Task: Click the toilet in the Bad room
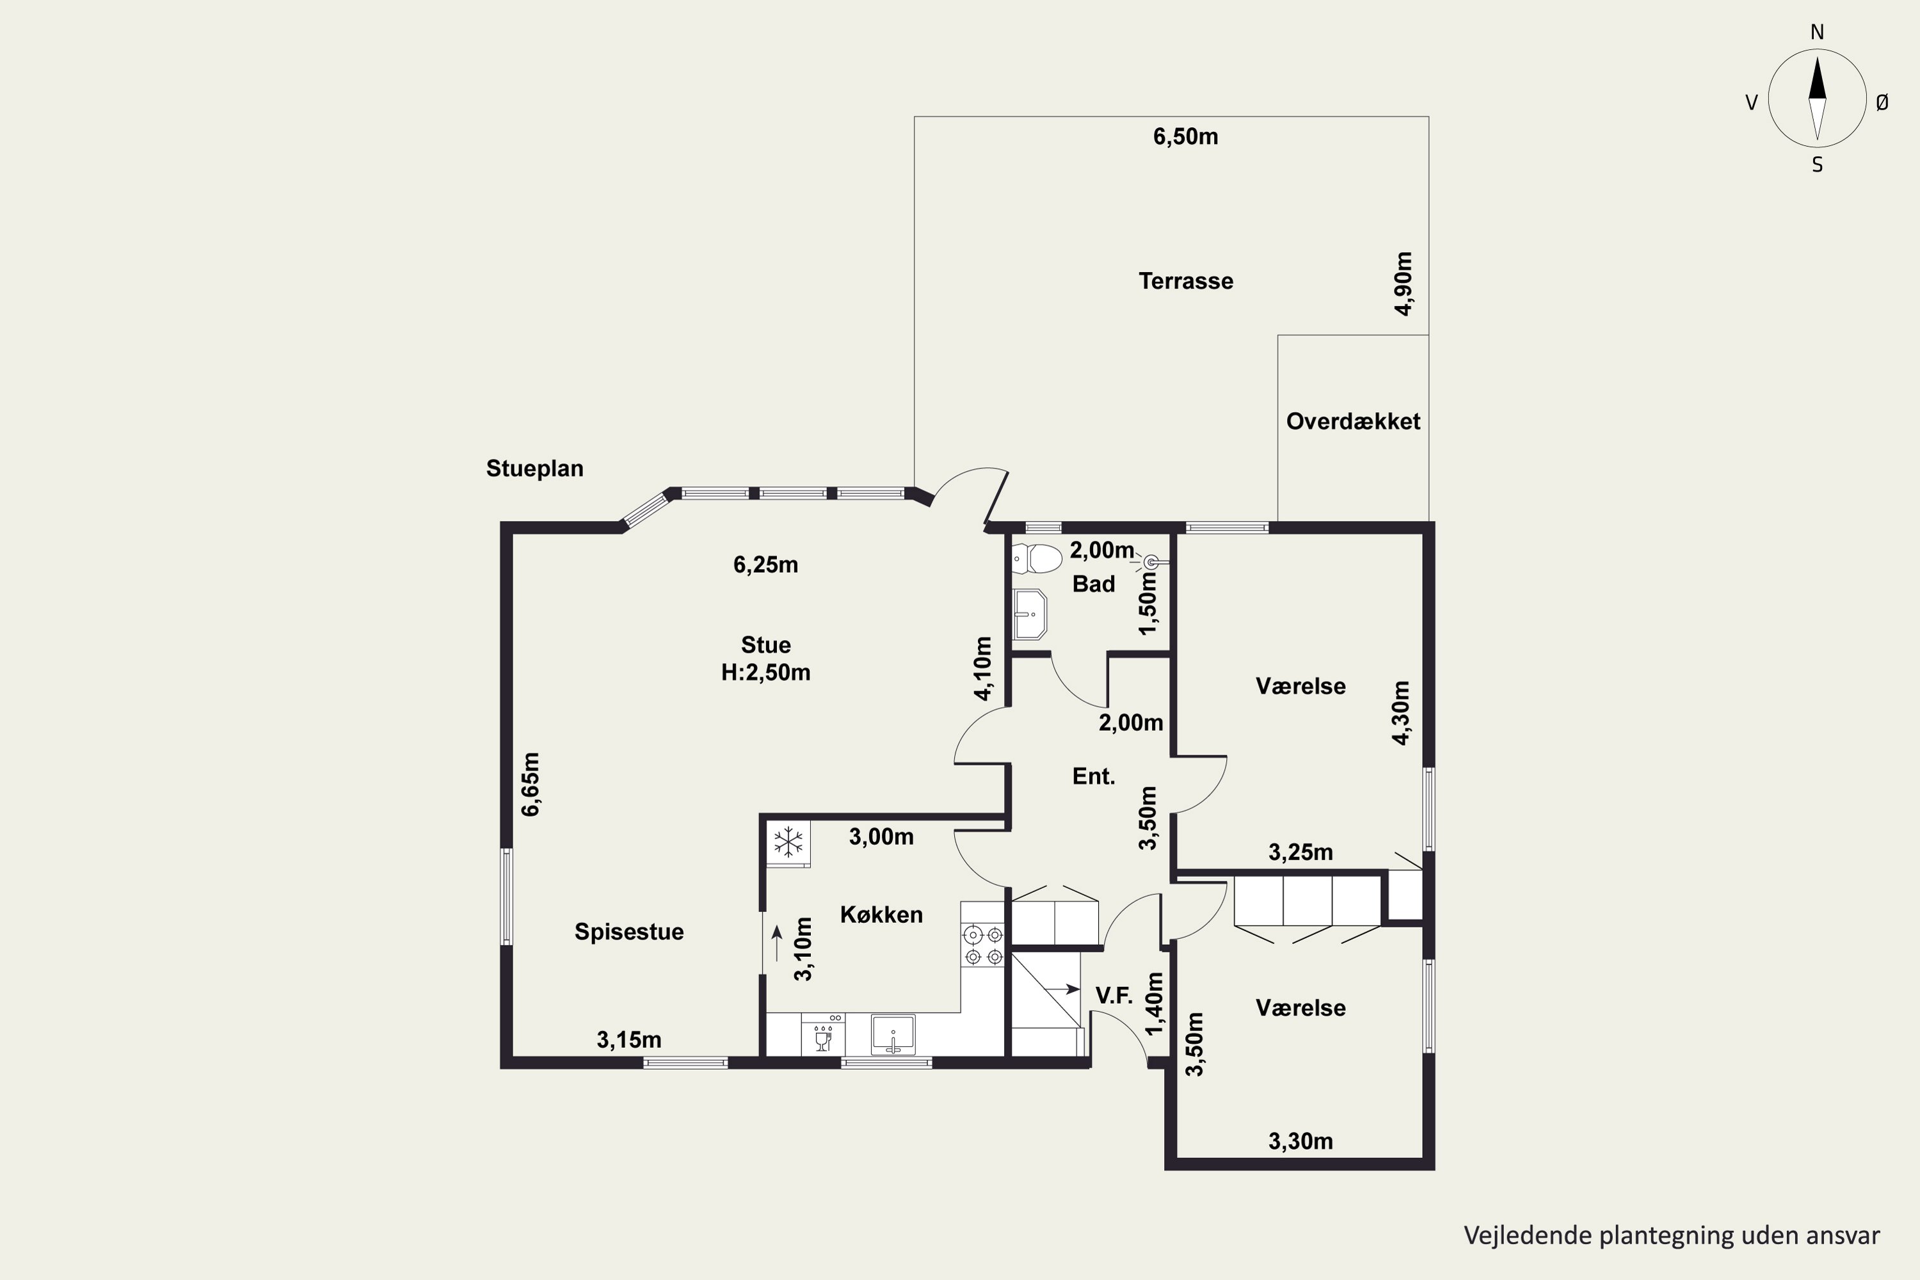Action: (1037, 559)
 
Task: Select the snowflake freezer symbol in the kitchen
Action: (788, 842)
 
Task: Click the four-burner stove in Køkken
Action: (983, 945)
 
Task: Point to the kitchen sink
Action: (893, 1035)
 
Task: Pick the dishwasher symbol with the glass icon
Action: (823, 1035)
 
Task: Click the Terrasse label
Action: (1185, 282)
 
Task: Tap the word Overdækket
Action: (1353, 421)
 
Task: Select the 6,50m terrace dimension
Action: (1185, 137)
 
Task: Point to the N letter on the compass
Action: (1817, 33)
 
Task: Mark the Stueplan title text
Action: (534, 468)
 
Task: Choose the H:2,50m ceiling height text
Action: (765, 673)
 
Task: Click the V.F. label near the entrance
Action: (1114, 995)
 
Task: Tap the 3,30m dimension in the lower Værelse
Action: (1300, 1141)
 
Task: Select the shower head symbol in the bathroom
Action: (1150, 562)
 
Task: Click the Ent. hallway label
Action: (1093, 776)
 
